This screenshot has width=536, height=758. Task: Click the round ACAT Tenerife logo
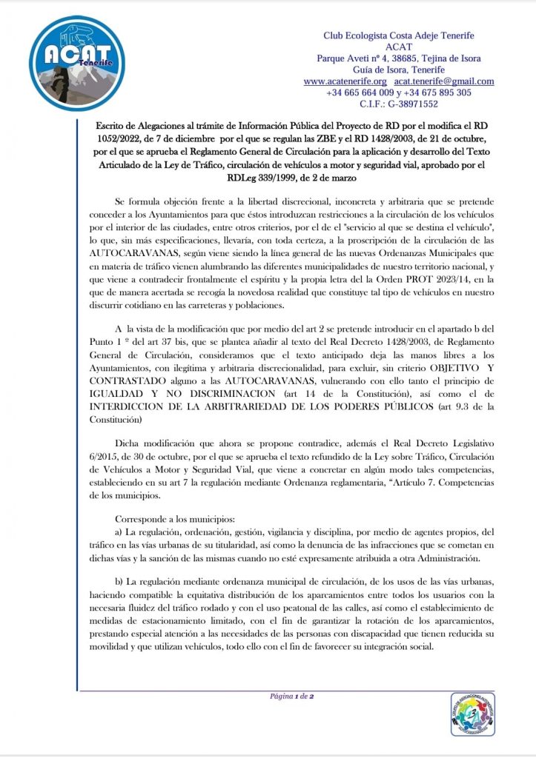pos(68,63)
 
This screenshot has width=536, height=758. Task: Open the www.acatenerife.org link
pos(345,81)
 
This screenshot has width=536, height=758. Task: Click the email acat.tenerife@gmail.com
pos(444,81)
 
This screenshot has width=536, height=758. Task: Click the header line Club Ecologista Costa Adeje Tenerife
pos(399,36)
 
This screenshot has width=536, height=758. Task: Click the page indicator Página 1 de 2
pos(293,697)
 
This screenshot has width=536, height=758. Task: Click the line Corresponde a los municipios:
pos(169,520)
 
